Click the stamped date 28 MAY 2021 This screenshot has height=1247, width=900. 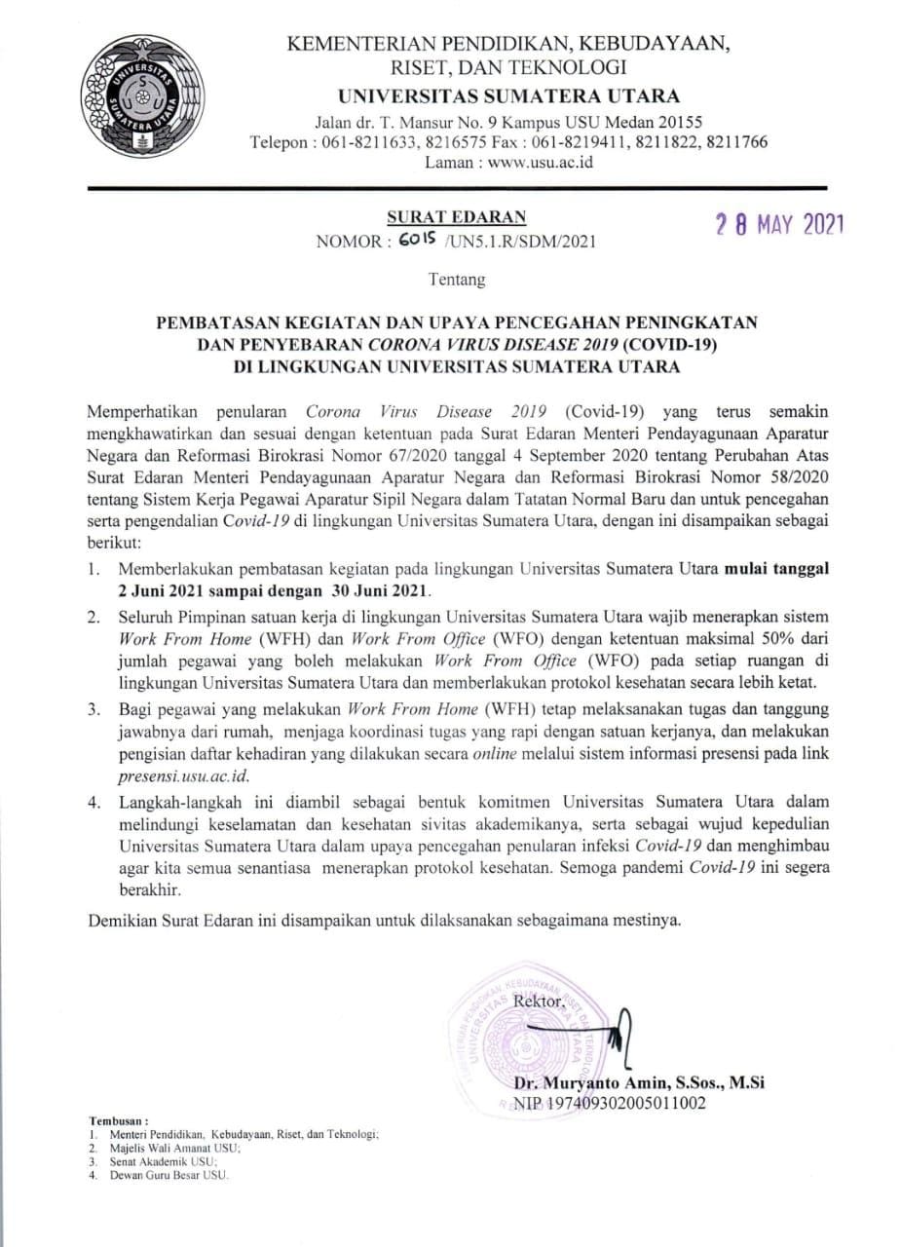tap(775, 226)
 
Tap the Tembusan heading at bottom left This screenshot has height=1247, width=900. tap(119, 1121)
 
